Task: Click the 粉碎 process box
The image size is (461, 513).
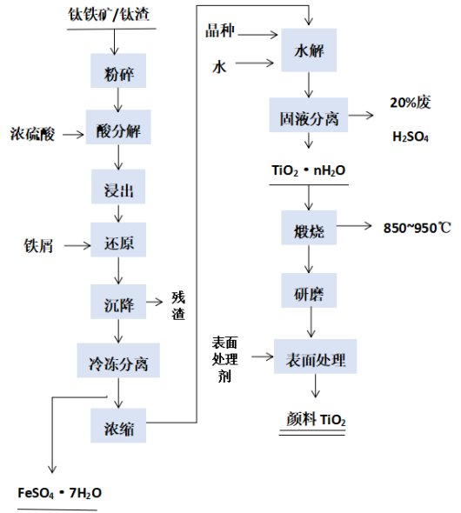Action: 118,70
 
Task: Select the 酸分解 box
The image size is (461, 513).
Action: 118,127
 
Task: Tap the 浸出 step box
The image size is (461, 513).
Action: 118,186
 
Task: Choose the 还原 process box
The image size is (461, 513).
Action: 118,239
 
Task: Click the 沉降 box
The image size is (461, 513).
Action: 118,302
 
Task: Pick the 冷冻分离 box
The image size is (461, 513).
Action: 118,360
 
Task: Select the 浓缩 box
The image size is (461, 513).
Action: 118,425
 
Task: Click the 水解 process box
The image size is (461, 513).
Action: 309,50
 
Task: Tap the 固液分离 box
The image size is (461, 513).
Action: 309,115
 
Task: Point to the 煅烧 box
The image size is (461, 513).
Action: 309,228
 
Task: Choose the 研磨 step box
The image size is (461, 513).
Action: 309,290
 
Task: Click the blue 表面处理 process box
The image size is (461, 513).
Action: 315,356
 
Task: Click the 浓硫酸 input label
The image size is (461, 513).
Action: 32,134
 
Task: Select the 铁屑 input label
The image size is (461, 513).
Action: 38,246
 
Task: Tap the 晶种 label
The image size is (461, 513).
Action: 220,30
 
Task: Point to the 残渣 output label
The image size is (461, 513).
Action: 178,305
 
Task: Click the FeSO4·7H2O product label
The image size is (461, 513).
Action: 59,493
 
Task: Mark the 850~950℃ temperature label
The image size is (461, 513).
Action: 418,228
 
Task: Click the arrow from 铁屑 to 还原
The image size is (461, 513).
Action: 77,245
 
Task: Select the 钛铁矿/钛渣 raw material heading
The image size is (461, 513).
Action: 109,15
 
